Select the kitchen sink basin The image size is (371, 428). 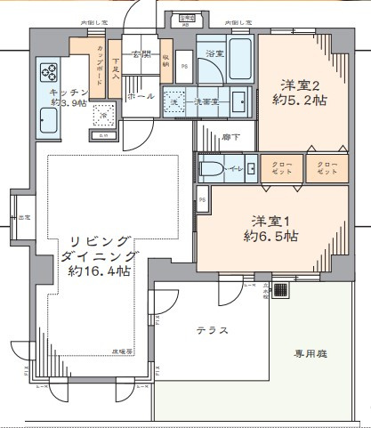(46, 117)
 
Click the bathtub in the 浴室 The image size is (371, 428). (239, 54)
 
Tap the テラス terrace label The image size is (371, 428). (212, 330)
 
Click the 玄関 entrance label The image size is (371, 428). (141, 55)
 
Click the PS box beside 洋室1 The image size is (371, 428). (203, 200)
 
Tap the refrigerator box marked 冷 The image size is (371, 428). (103, 116)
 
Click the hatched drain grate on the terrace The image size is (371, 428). (280, 291)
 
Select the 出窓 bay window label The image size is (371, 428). (17, 216)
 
